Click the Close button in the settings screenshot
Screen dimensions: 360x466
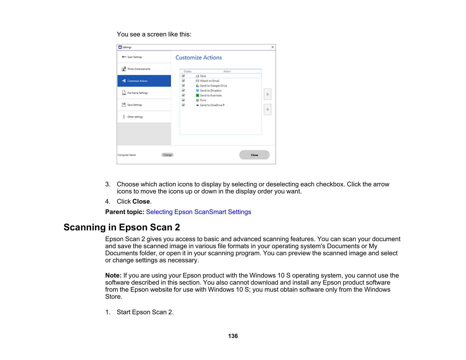pyautogui.click(x=254, y=155)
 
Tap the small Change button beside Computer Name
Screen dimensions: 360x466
pyautogui.click(x=167, y=155)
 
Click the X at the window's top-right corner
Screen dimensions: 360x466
pyautogui.click(x=273, y=47)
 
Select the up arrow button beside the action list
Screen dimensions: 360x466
pyautogui.click(x=267, y=94)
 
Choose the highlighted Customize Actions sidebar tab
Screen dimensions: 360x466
pyautogui.click(x=144, y=81)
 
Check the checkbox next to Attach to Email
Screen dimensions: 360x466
pyautogui.click(x=183, y=81)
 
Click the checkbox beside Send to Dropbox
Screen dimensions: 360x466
pyautogui.click(x=183, y=90)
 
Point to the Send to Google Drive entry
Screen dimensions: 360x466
pyautogui.click(x=213, y=86)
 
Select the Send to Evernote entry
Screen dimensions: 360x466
pyautogui.click(x=210, y=95)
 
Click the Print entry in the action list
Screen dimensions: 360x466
pyautogui.click(x=203, y=100)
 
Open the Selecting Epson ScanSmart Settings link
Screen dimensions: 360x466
pyautogui.click(x=198, y=212)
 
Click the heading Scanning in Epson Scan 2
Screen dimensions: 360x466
pyautogui.click(x=122, y=227)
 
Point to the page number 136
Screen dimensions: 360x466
pyautogui.click(x=233, y=336)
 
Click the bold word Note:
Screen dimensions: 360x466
pyautogui.click(x=113, y=275)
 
